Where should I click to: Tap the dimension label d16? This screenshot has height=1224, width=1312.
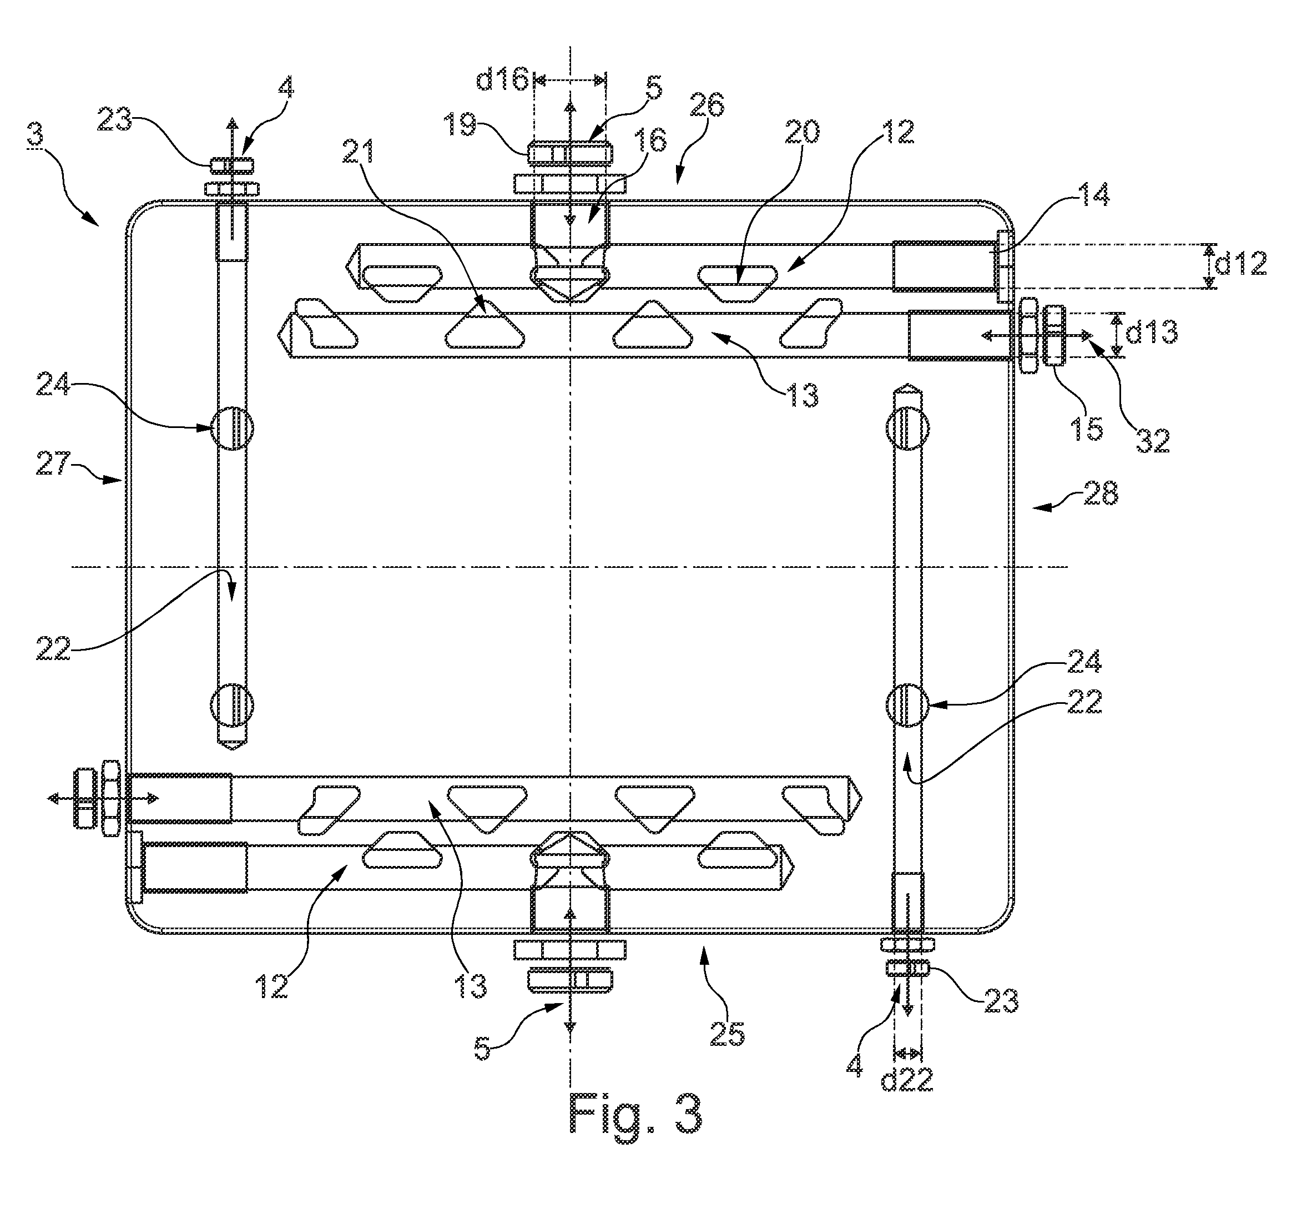502,80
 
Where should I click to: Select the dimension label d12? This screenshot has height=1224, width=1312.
1241,265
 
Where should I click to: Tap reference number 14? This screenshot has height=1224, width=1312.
1095,195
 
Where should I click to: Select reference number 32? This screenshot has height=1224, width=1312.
1152,441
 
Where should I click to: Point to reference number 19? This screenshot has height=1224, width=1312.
460,124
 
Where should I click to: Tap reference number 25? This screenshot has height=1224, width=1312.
727,1035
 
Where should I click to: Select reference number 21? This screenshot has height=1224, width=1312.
359,153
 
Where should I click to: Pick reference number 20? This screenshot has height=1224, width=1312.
802,132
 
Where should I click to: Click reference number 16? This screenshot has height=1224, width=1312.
652,140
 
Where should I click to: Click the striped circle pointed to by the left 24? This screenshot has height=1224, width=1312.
231,429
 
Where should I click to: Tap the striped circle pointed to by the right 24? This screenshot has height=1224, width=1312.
907,706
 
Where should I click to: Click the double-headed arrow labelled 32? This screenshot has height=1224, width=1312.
1037,336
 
